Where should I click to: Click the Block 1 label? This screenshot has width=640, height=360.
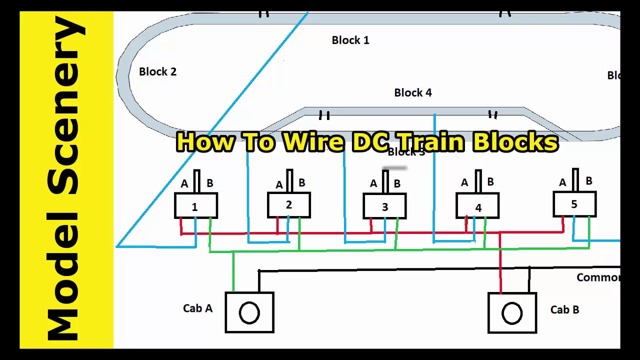(x=350, y=40)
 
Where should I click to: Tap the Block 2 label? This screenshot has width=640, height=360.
(x=157, y=72)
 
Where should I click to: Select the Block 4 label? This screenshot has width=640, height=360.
(x=412, y=93)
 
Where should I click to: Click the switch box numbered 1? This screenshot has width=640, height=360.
(x=195, y=206)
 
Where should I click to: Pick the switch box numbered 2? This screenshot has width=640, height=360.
(x=289, y=205)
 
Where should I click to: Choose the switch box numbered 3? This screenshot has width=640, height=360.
(x=384, y=206)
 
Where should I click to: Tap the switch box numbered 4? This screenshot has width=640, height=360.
(x=477, y=206)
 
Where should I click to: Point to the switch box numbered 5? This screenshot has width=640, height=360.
(x=574, y=204)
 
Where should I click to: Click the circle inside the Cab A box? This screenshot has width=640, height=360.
(x=249, y=313)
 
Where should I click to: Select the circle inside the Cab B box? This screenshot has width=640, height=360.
(x=511, y=313)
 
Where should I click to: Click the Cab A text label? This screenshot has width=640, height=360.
(x=197, y=308)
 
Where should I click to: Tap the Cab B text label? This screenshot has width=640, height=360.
(x=564, y=310)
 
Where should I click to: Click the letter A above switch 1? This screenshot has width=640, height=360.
(x=184, y=184)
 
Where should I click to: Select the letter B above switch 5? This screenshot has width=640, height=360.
(x=588, y=181)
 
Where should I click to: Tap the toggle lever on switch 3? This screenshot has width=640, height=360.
(x=385, y=181)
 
